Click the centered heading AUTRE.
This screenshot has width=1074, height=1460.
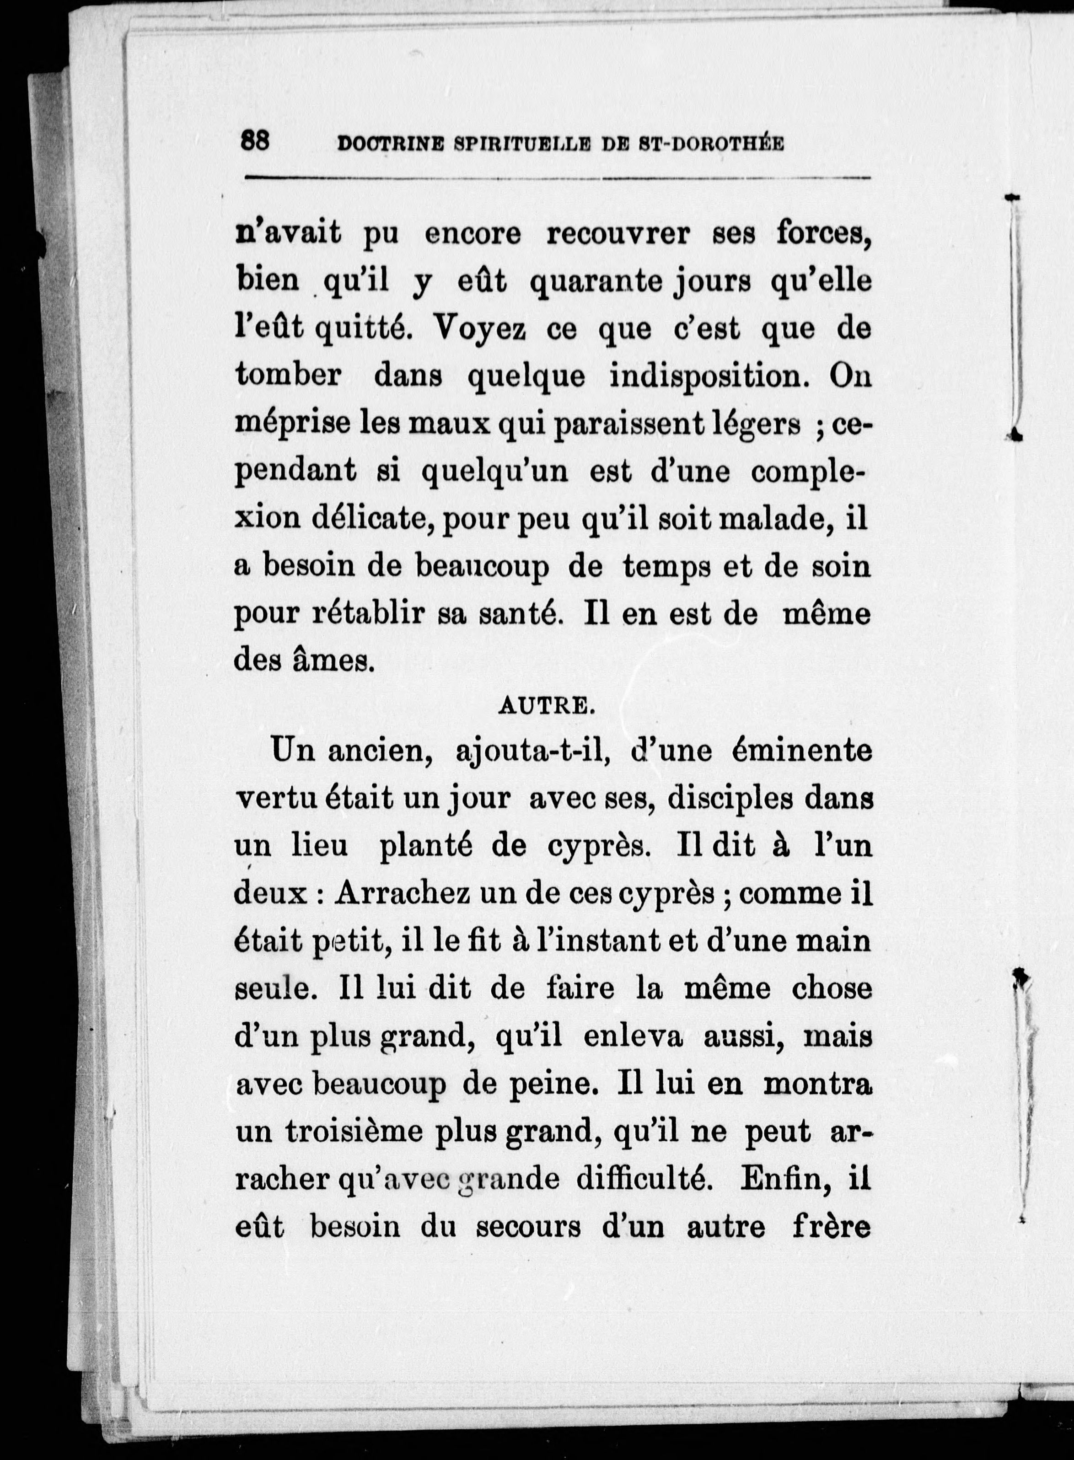coord(546,707)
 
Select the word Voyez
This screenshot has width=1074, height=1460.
coord(479,329)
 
